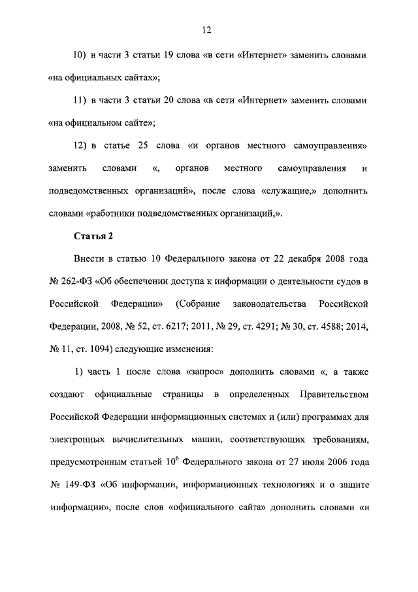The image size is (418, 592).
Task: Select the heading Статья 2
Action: (x=88, y=236)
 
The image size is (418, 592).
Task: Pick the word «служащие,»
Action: (x=288, y=191)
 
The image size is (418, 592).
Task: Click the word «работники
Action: (x=112, y=214)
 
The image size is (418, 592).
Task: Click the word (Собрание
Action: (x=198, y=304)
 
